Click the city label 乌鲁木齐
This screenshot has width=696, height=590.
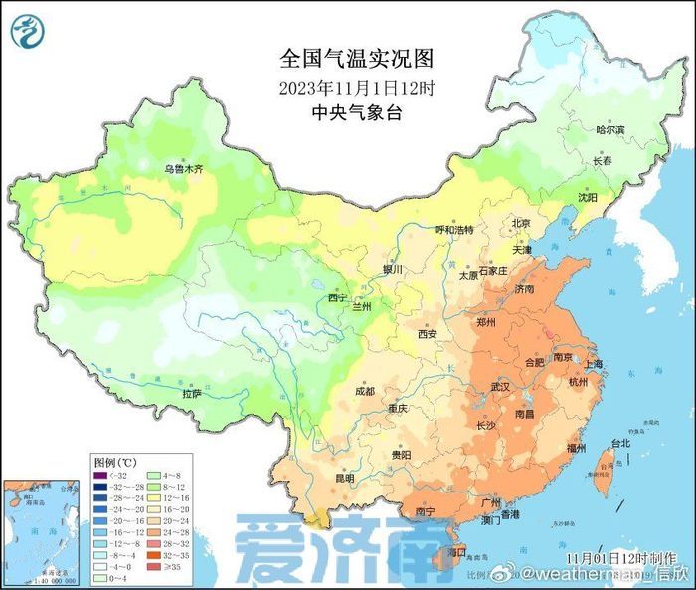click(183, 170)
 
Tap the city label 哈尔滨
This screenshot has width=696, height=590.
click(609, 130)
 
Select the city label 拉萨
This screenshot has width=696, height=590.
click(191, 394)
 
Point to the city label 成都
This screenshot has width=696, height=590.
click(366, 391)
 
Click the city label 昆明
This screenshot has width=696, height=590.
click(344, 478)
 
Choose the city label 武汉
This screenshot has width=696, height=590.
click(500, 385)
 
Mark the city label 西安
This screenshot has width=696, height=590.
click(428, 334)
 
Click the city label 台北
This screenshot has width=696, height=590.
click(619, 442)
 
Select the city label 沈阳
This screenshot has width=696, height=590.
click(588, 198)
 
